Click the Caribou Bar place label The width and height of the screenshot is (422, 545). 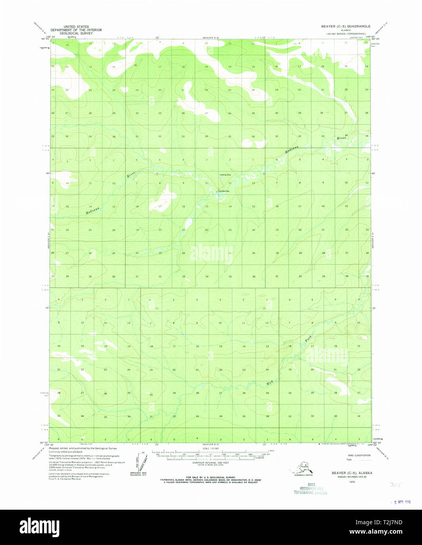[x=224, y=191]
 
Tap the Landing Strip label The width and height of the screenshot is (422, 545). [x=225, y=174]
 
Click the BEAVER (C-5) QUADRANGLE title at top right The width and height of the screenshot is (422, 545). [x=345, y=26]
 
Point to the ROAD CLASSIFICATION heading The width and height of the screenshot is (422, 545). [x=359, y=455]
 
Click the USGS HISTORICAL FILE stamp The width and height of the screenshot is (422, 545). [x=311, y=489]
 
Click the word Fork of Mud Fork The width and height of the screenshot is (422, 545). [x=309, y=339]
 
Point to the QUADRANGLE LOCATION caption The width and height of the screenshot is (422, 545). [x=303, y=475]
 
